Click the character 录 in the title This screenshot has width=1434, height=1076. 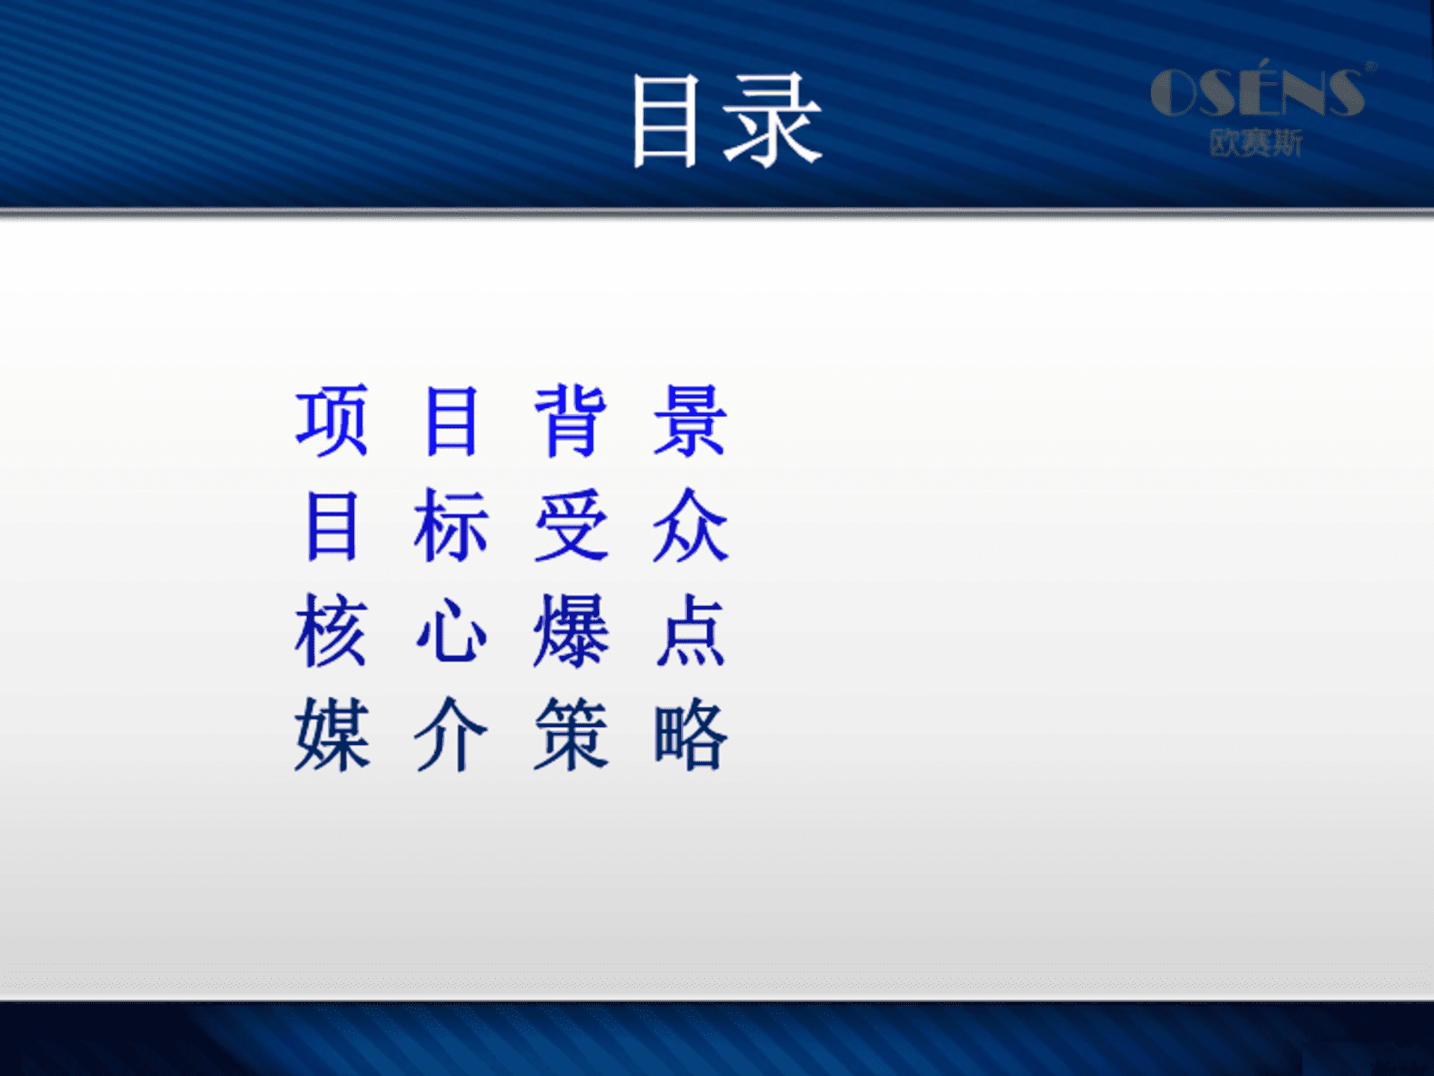(772, 120)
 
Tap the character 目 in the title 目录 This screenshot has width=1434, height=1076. (665, 121)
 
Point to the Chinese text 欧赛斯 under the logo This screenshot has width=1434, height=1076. (1255, 143)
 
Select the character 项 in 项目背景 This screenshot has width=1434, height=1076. (332, 421)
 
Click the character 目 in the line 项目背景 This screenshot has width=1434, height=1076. (451, 421)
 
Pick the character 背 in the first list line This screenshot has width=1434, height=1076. (571, 421)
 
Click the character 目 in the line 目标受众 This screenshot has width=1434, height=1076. (332, 525)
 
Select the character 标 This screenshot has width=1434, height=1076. (451, 525)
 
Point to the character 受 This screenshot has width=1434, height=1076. (571, 525)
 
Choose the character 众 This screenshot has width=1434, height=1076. (690, 525)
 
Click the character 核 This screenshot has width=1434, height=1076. (332, 630)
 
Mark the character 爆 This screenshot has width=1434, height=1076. (571, 630)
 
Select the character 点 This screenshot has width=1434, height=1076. (690, 630)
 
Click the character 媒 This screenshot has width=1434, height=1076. (332, 735)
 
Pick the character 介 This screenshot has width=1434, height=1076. (451, 735)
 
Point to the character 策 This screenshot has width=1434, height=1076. (571, 735)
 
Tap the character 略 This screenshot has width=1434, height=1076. (690, 735)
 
